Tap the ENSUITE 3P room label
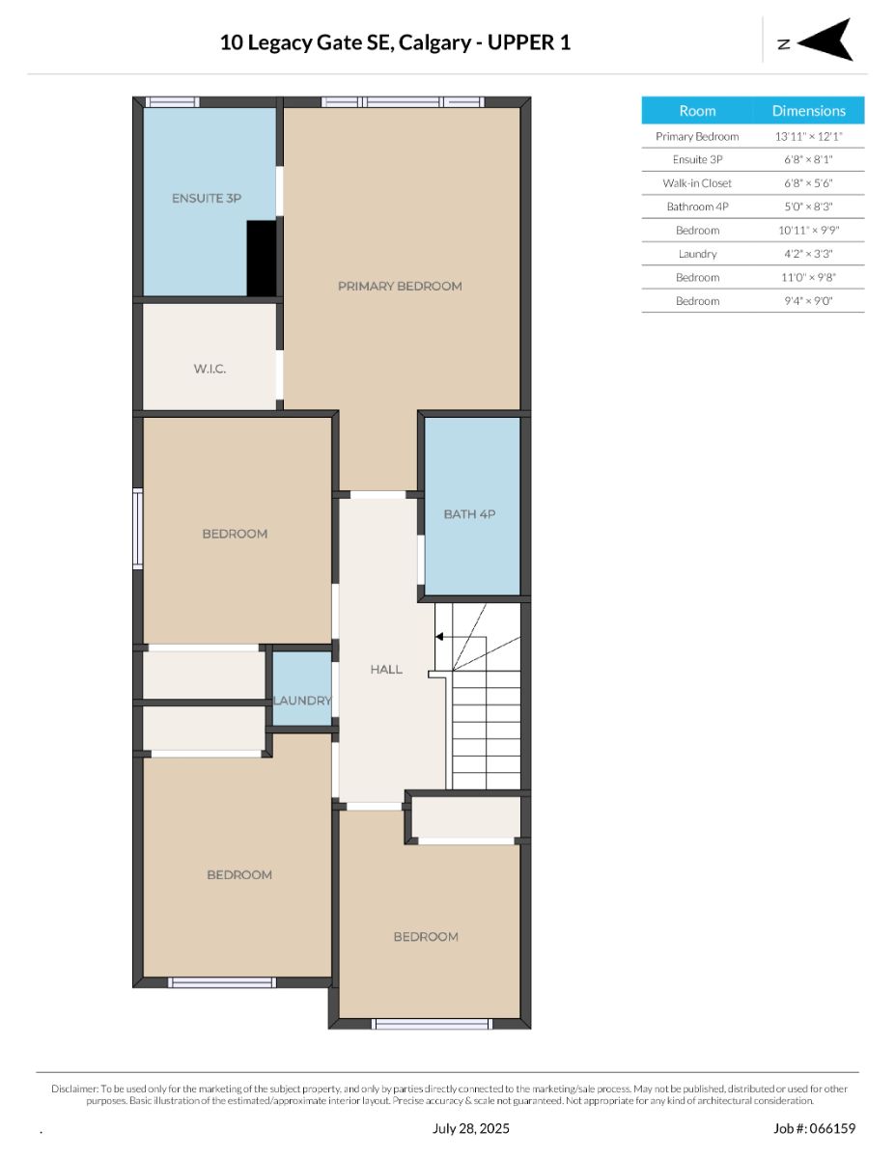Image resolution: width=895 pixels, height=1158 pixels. coord(207,198)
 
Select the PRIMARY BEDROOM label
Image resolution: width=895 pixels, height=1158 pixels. coord(400,287)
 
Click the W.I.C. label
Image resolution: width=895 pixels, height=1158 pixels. coord(210,369)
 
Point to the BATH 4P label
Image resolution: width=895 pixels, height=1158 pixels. coord(469,514)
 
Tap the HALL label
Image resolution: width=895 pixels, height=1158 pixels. coord(386,670)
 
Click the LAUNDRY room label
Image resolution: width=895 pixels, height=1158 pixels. coord(302,701)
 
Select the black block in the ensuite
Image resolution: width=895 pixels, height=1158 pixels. coord(262,259)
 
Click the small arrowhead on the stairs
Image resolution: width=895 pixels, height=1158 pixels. coord(439,636)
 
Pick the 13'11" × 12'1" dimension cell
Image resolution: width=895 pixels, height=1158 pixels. coord(808,136)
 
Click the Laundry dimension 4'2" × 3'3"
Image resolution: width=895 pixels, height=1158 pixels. coord(808,254)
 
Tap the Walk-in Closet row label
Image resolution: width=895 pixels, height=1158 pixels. coord(697,183)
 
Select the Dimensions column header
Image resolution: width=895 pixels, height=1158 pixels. coord(809,111)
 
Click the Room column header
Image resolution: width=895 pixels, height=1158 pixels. coord(697,111)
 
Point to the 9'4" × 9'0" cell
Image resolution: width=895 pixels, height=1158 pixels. coord(808,301)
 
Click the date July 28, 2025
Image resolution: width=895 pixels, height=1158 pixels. coord(471,1128)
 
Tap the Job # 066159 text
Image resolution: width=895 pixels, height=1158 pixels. coord(815,1128)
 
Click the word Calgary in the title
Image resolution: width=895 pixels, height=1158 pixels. coord(434,42)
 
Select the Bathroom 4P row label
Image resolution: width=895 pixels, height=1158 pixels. coord(697,207)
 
